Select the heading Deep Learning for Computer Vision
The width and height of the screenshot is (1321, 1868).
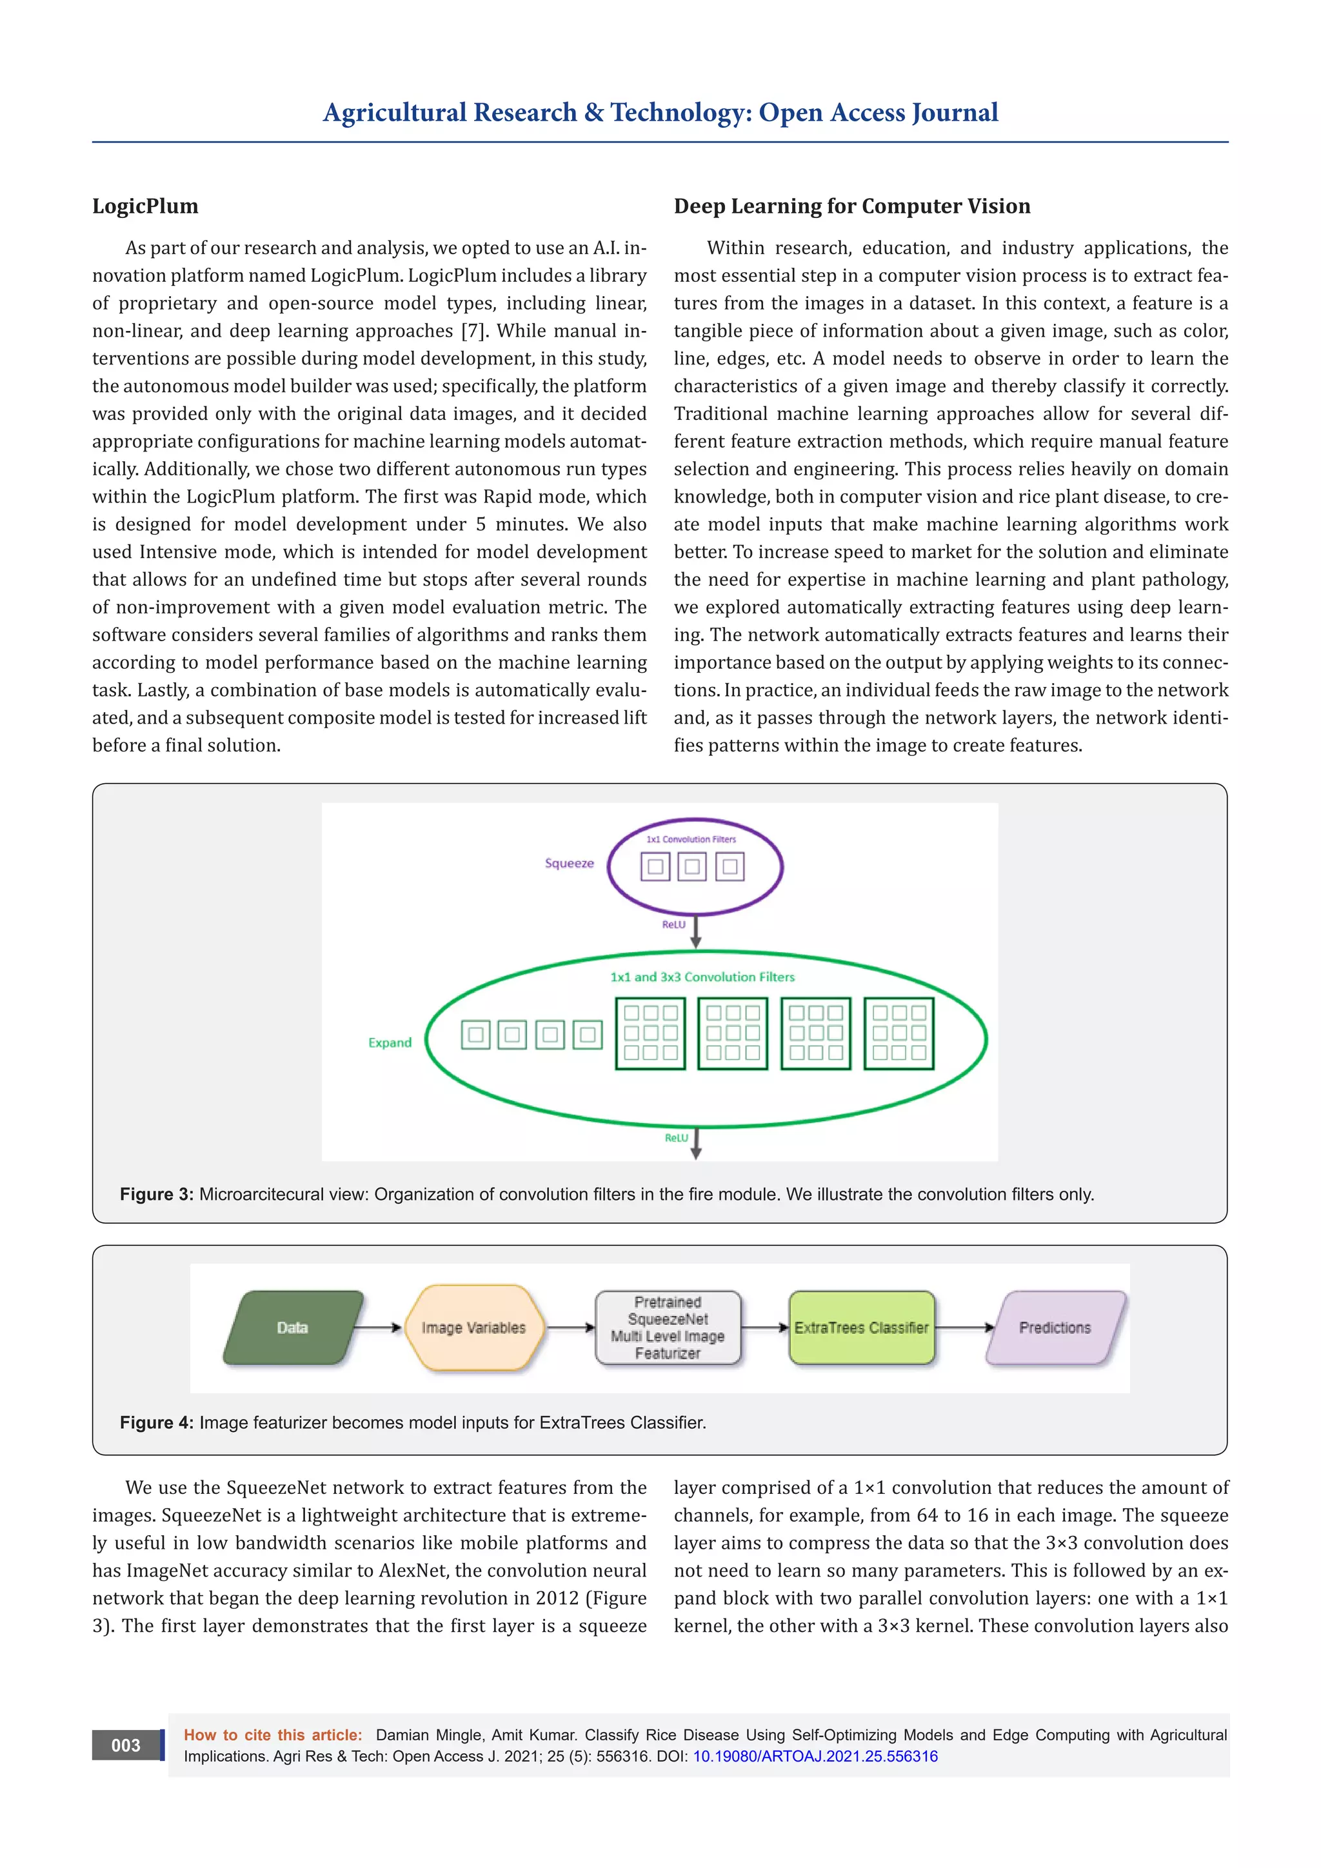point(851,206)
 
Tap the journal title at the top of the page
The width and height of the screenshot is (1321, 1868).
point(660,112)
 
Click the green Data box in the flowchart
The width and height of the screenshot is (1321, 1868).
point(293,1327)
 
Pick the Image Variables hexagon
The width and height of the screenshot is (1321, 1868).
point(473,1327)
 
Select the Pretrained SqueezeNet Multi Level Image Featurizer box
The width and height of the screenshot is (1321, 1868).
point(668,1327)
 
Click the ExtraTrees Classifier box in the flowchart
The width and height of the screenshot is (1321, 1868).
point(861,1327)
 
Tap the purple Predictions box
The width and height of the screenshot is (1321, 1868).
point(1055,1327)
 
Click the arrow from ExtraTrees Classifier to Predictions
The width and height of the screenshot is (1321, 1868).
point(965,1327)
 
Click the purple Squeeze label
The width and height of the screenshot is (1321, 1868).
point(570,863)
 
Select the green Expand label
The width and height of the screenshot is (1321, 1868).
point(390,1042)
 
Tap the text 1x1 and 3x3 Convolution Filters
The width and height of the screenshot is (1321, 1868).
point(702,977)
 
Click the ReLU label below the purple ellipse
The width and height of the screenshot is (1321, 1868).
point(673,924)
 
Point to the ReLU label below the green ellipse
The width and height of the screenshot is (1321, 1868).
point(676,1137)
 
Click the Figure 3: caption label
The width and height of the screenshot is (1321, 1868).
point(156,1195)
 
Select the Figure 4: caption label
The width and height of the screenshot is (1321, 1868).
point(156,1422)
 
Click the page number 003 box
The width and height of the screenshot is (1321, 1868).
point(126,1745)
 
